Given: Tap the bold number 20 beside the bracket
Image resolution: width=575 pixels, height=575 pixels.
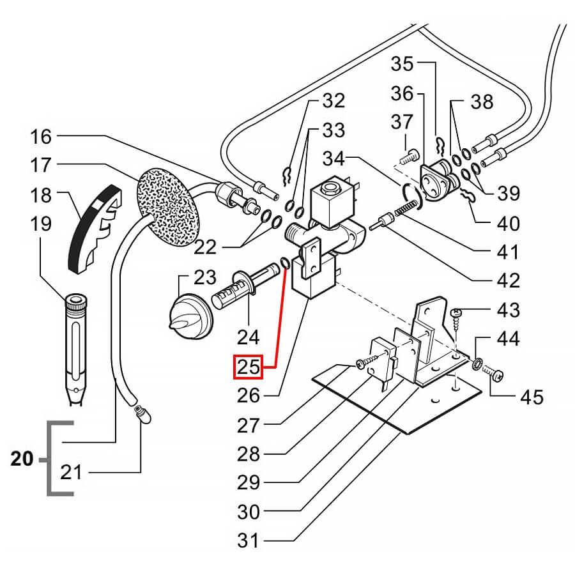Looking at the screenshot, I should (22, 459).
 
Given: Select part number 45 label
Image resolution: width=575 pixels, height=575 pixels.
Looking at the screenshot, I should (532, 397).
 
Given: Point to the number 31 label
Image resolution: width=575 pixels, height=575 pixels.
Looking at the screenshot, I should (249, 540).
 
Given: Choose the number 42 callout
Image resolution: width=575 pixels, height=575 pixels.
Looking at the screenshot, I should (508, 280).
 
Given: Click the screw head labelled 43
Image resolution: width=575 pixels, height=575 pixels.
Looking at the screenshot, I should (458, 313).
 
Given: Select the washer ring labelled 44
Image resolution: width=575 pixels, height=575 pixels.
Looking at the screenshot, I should (477, 365).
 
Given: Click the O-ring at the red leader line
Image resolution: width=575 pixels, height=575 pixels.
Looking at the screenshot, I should (285, 263).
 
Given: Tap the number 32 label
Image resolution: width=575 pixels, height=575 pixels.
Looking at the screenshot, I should (333, 100).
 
